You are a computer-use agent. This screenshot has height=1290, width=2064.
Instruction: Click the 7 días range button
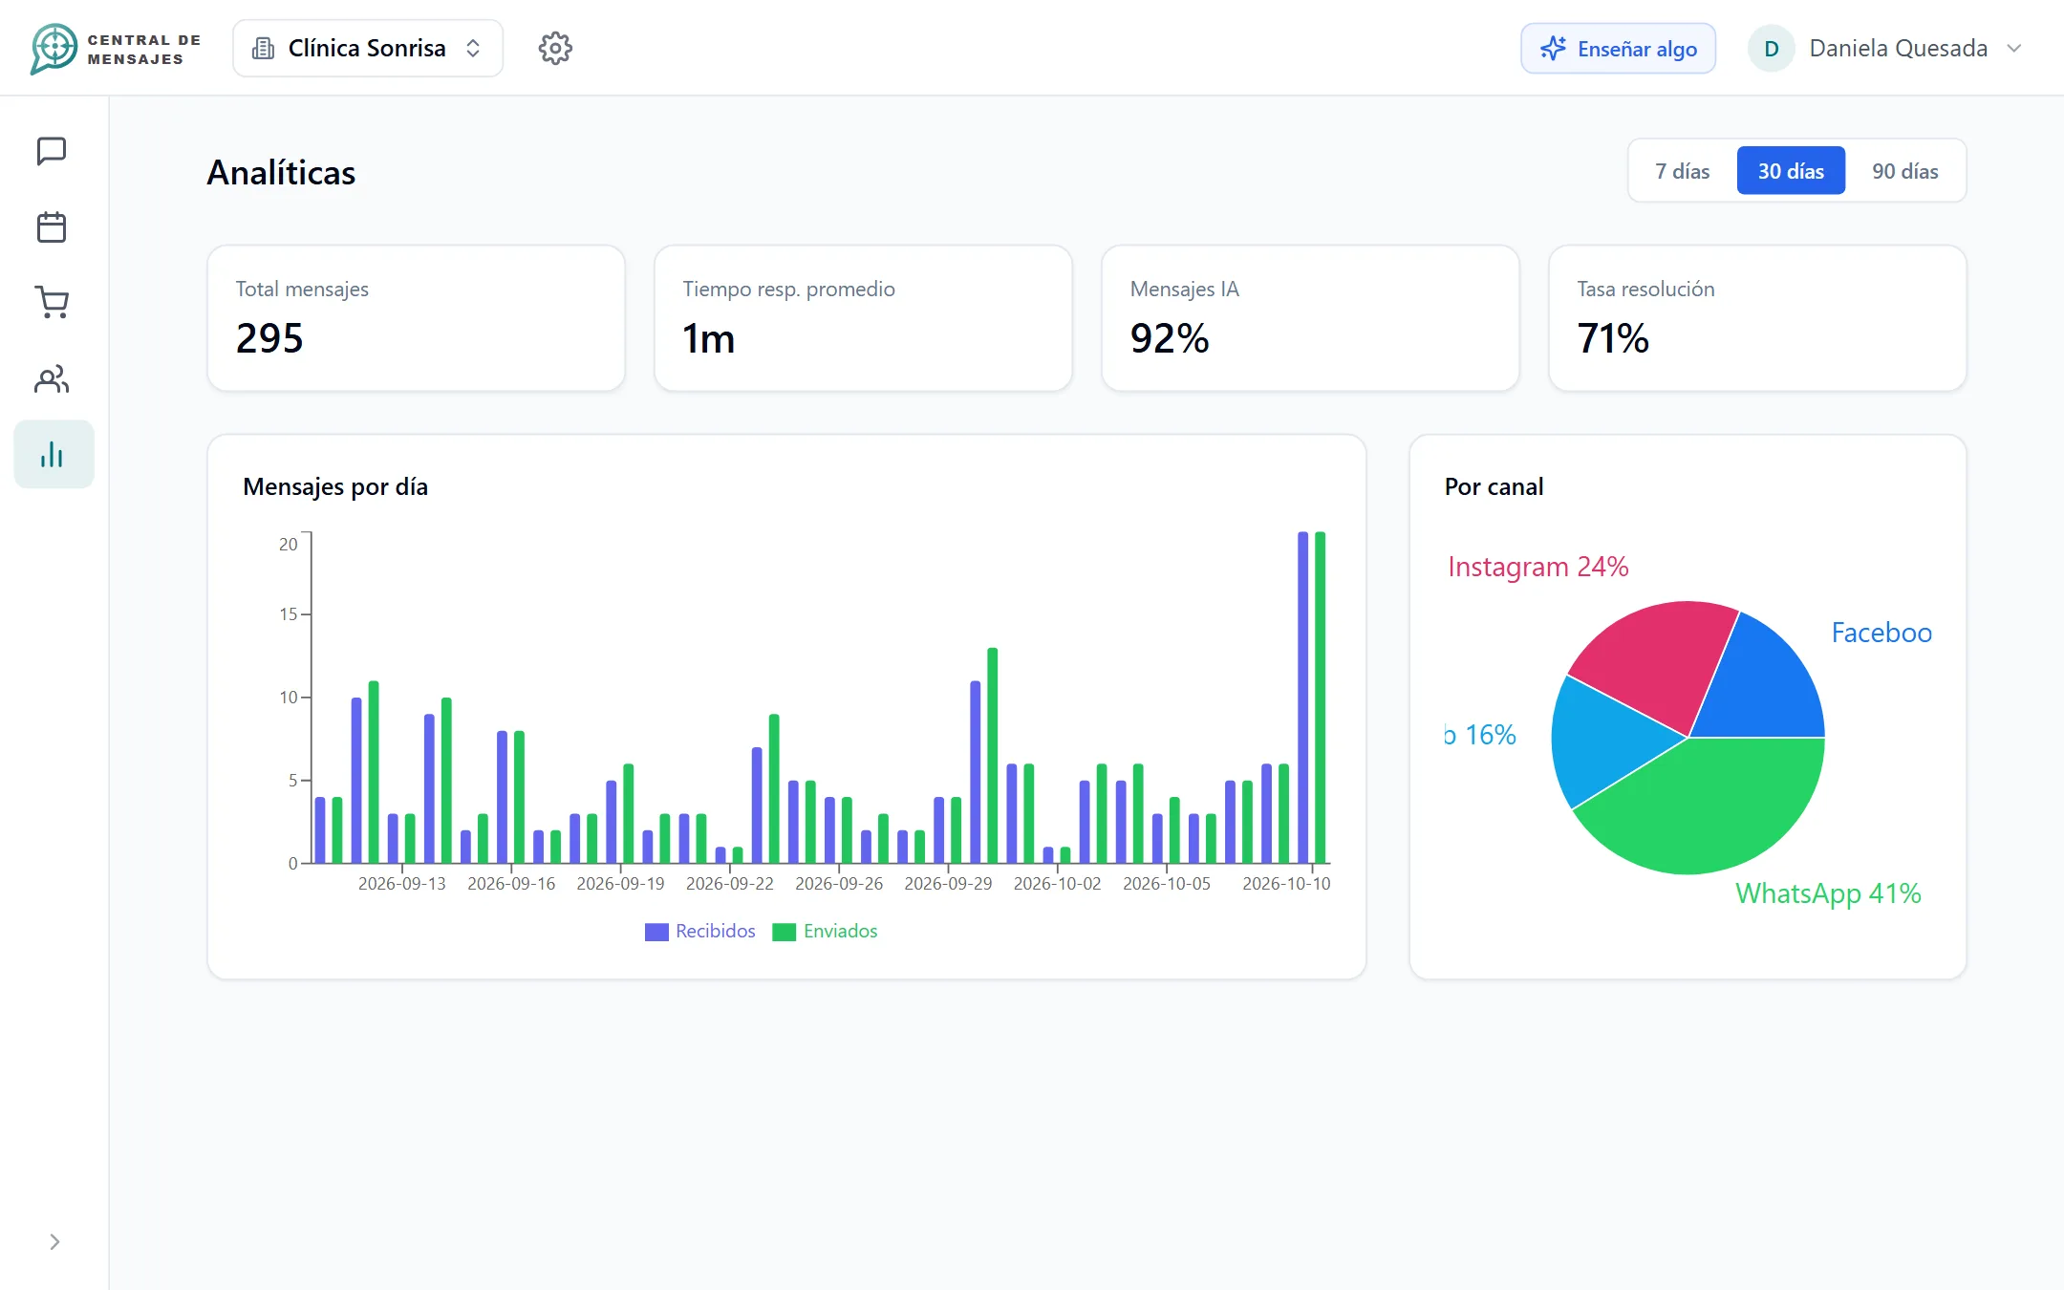pyautogui.click(x=1683, y=171)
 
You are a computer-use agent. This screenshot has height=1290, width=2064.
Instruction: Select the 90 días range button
pyautogui.click(x=1904, y=171)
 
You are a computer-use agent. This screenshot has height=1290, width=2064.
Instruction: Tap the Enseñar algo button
pyautogui.click(x=1618, y=49)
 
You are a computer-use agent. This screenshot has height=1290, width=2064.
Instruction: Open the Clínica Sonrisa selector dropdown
pyautogui.click(x=368, y=48)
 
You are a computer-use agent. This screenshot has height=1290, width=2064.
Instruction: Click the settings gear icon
pyautogui.click(x=555, y=48)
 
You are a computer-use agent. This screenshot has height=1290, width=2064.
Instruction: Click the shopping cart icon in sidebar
pyautogui.click(x=52, y=303)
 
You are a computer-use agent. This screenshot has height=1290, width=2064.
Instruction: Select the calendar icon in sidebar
pyautogui.click(x=52, y=227)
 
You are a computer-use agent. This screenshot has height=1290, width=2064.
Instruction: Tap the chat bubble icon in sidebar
pyautogui.click(x=52, y=151)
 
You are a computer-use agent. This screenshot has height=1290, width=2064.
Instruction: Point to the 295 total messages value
pyautogui.click(x=269, y=338)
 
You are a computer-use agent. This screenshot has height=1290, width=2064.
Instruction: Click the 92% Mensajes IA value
pyautogui.click(x=1170, y=338)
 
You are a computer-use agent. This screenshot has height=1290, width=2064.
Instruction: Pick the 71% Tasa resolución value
pyautogui.click(x=1613, y=338)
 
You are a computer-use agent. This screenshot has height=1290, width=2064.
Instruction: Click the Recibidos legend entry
pyautogui.click(x=700, y=932)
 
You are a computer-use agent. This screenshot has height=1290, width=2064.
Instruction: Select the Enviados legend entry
pyautogui.click(x=825, y=932)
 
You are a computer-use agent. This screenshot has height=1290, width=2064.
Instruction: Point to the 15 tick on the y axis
pyautogui.click(x=288, y=614)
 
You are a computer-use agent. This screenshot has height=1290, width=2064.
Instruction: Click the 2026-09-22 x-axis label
pyautogui.click(x=730, y=884)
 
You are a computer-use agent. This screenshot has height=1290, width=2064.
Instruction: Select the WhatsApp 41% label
pyautogui.click(x=1828, y=893)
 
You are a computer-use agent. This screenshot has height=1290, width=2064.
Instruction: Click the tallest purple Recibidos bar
pyautogui.click(x=1302, y=698)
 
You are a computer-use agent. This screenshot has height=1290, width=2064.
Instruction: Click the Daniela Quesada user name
pyautogui.click(x=1898, y=49)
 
